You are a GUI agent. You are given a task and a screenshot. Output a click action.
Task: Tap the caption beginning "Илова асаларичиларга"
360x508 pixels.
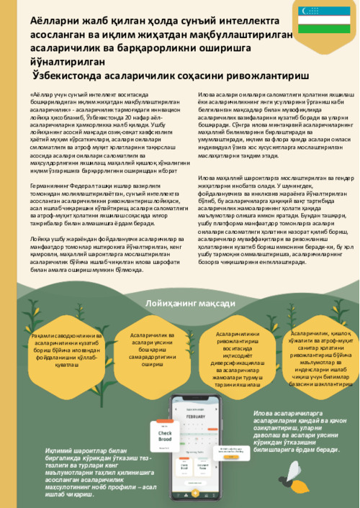[x=300, y=432]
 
